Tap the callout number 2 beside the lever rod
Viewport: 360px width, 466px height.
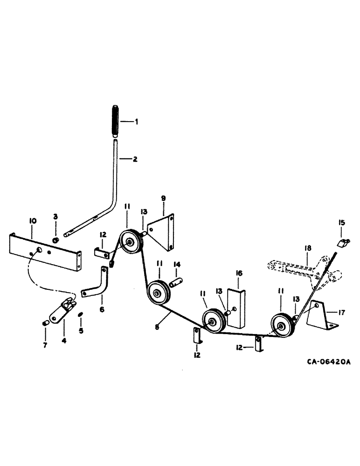(135, 159)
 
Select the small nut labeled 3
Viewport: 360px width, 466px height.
(55, 240)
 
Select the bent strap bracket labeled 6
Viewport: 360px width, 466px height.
(96, 285)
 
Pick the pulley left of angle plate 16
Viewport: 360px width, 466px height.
(213, 321)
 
